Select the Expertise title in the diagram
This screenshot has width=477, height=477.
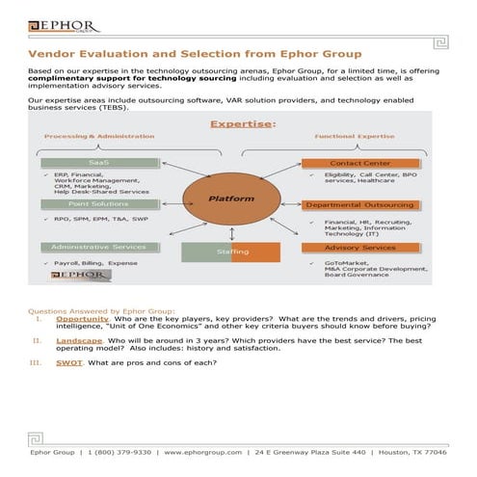tap(243, 123)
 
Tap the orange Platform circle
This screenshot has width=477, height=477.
tap(231, 199)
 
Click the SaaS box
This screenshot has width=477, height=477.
tap(99, 163)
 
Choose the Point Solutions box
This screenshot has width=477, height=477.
tap(99, 204)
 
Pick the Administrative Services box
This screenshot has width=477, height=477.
tap(99, 247)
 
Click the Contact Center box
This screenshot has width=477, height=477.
tap(360, 164)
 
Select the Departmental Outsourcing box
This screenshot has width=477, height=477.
tap(360, 205)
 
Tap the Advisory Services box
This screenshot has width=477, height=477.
tap(360, 248)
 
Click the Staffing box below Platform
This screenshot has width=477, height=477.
tap(231, 252)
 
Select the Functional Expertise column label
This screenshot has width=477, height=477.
tap(354, 137)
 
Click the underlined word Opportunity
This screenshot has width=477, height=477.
tap(82, 318)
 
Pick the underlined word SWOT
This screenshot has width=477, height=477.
tap(68, 362)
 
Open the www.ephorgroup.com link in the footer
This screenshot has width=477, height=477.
tap(202, 451)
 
